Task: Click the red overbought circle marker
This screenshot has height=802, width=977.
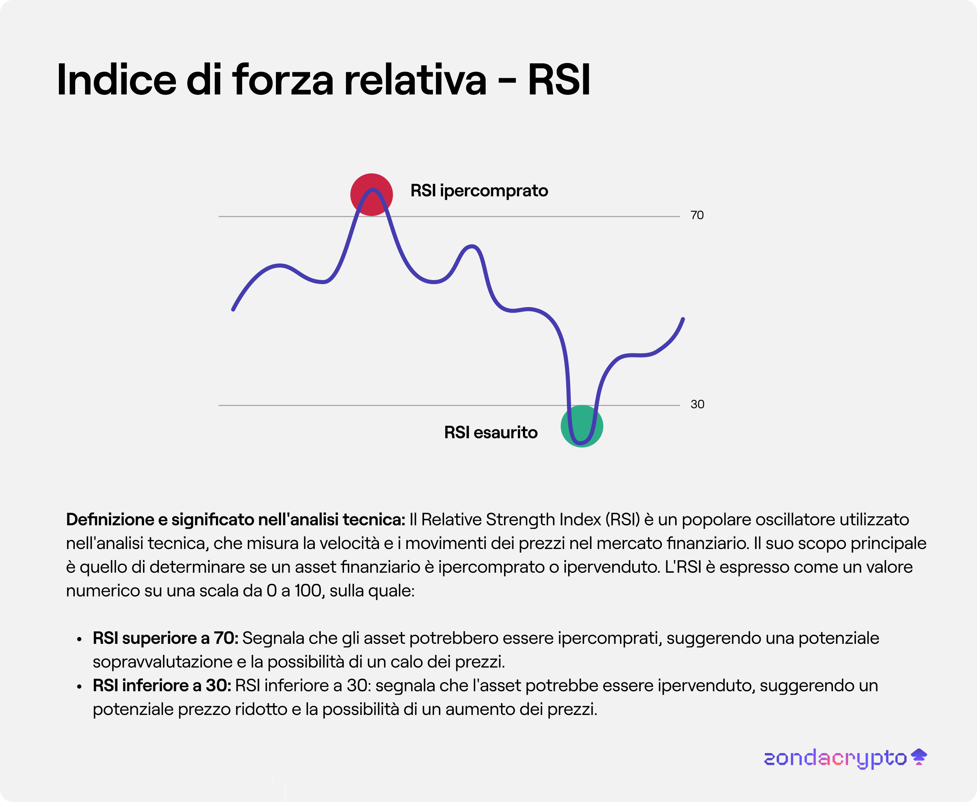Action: tap(371, 194)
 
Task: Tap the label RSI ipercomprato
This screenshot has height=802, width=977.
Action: tap(479, 191)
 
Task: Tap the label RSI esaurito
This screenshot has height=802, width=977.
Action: tap(491, 432)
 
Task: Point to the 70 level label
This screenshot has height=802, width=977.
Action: tap(697, 215)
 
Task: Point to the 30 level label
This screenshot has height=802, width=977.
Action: tap(697, 405)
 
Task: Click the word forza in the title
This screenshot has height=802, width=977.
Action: tap(283, 80)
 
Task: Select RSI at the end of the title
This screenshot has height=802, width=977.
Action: tap(559, 80)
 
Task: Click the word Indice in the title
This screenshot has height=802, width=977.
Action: tap(116, 80)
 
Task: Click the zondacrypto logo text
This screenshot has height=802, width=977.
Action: tap(835, 759)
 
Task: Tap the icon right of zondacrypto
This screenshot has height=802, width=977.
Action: tap(919, 757)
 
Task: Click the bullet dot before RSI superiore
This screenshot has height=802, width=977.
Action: tap(80, 640)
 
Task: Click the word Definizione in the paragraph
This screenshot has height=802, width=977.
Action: tap(110, 520)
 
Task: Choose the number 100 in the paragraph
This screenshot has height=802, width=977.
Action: tap(308, 591)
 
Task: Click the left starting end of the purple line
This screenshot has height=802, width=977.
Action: tap(233, 310)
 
